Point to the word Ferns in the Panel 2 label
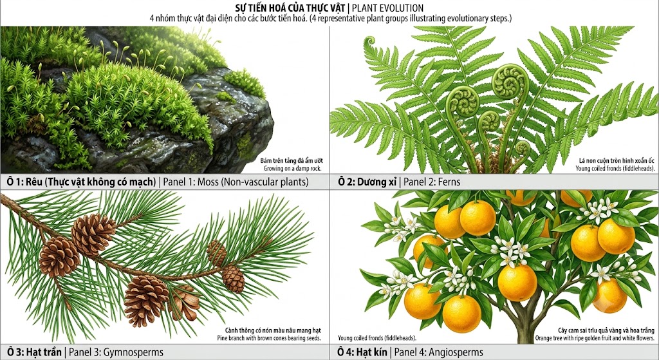click(x=449, y=182)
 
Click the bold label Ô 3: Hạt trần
click(x=34, y=352)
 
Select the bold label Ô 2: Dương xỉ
click(x=367, y=182)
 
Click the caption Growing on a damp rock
click(x=293, y=168)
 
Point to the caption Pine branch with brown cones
click(x=269, y=337)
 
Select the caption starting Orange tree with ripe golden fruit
click(x=595, y=337)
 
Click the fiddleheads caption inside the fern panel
click(x=615, y=168)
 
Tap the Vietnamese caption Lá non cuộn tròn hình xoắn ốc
click(x=617, y=160)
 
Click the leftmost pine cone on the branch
click(x=59, y=256)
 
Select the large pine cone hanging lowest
click(x=145, y=300)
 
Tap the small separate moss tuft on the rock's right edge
click(x=245, y=82)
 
